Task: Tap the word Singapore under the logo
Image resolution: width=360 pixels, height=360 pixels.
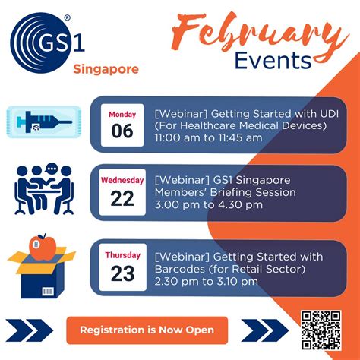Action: [x=106, y=69]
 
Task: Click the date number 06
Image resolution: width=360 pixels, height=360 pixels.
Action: [x=122, y=131]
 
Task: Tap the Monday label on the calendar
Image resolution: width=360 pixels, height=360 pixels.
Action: [x=122, y=114]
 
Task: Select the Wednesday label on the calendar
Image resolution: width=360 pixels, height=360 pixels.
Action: [x=122, y=180]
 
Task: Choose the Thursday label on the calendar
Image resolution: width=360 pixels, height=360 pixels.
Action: [x=122, y=255]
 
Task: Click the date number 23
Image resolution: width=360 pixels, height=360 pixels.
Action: [x=122, y=273]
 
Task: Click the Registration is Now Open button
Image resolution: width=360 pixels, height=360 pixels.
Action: [x=147, y=330]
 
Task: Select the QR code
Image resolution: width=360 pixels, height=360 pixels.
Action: [x=321, y=328]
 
